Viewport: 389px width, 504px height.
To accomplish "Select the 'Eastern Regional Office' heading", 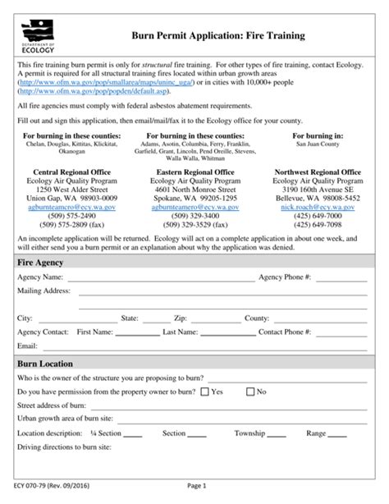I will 194,172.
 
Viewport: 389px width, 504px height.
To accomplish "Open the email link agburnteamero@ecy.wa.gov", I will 194,208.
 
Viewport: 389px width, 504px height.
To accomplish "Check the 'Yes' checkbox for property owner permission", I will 204,392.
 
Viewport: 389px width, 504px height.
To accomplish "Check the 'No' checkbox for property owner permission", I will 250,392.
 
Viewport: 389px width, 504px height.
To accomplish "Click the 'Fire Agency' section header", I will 41,262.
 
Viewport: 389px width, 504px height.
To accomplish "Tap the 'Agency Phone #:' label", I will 285,277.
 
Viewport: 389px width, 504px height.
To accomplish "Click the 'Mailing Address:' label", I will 44,291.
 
